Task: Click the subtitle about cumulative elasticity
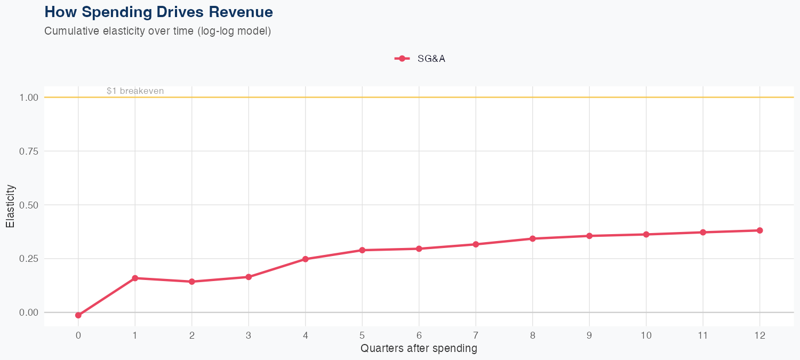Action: click(158, 31)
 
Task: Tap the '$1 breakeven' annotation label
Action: click(135, 91)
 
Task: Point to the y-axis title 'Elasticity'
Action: click(10, 206)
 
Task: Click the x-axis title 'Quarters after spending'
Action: click(419, 349)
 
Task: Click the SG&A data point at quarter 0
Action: click(78, 315)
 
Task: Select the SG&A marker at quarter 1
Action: click(135, 278)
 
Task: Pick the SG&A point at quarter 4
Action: click(306, 259)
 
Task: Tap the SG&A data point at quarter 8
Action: click(532, 238)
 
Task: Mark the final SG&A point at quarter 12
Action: click(759, 230)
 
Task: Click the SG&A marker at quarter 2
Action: click(191, 282)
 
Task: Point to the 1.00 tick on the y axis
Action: click(29, 98)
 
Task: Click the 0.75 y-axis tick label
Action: click(29, 151)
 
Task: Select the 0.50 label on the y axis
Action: click(29, 205)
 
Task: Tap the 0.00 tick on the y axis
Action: click(29, 313)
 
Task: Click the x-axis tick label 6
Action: click(419, 335)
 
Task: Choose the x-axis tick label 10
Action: click(646, 335)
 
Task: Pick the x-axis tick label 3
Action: click(249, 335)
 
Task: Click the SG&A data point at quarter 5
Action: click(362, 250)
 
